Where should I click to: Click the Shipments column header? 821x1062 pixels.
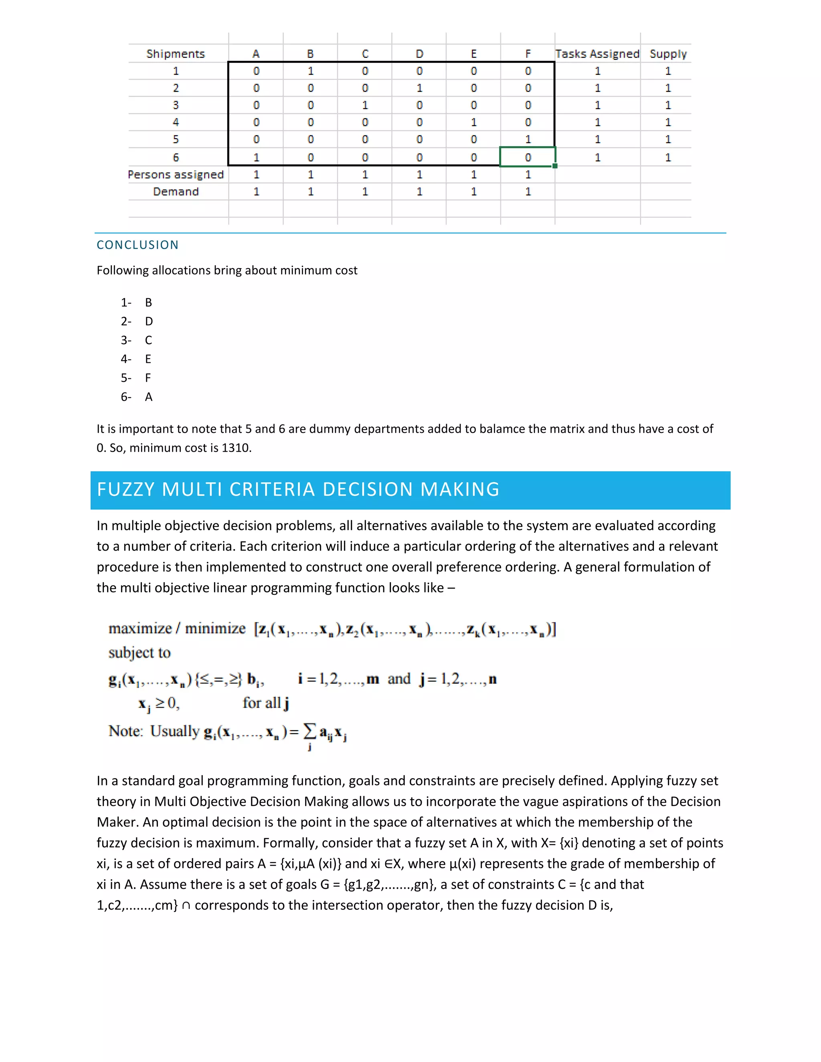pyautogui.click(x=176, y=54)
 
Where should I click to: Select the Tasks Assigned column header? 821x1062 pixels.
pyautogui.click(x=597, y=54)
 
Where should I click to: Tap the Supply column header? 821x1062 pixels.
pyautogui.click(x=668, y=54)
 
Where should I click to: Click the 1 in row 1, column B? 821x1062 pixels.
pyautogui.click(x=310, y=71)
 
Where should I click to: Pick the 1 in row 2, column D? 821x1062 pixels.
pyautogui.click(x=419, y=88)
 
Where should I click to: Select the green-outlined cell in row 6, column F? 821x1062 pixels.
pyautogui.click(x=528, y=157)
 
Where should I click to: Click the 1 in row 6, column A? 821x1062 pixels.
pyautogui.click(x=256, y=157)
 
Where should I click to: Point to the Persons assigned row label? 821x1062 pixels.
pyautogui.click(x=176, y=175)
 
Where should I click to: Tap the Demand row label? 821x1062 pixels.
pyautogui.click(x=176, y=192)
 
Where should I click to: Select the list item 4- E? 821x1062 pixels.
pyautogui.click(x=136, y=359)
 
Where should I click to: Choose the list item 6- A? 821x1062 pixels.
pyautogui.click(x=136, y=397)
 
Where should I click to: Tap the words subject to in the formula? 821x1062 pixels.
pyautogui.click(x=140, y=652)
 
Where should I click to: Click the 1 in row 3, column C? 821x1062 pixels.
pyautogui.click(x=365, y=105)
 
